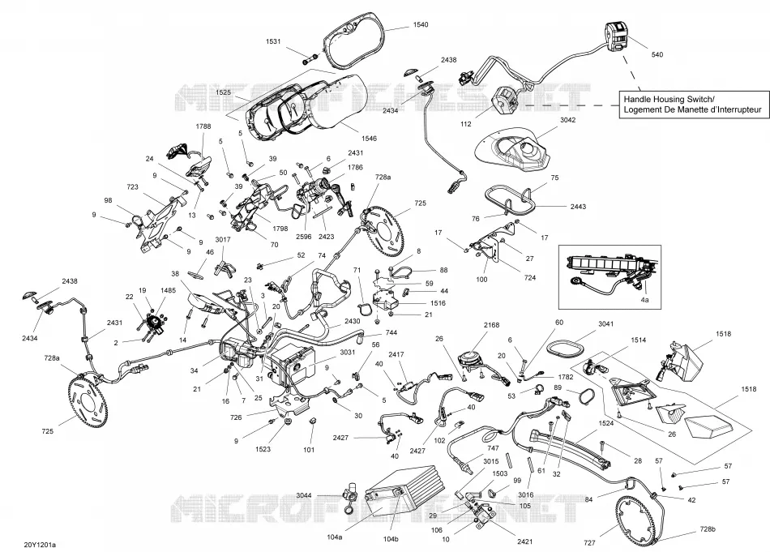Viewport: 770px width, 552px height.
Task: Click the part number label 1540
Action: (x=421, y=24)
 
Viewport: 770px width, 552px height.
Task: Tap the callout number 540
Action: (x=657, y=54)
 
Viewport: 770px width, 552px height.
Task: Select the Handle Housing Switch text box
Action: (x=693, y=105)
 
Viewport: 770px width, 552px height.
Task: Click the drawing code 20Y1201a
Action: (x=40, y=545)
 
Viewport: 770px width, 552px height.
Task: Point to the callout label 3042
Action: (x=567, y=120)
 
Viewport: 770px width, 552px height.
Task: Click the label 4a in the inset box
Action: (x=645, y=300)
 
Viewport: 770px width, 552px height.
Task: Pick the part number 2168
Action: (x=491, y=325)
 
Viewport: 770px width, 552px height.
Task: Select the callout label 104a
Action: (x=335, y=537)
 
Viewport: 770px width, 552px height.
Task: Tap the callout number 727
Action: (x=590, y=542)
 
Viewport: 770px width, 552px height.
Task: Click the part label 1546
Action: (x=369, y=139)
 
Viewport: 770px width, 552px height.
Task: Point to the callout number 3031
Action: (x=348, y=352)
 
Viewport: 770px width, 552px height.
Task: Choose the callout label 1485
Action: (x=168, y=291)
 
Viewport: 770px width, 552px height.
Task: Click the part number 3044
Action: (x=304, y=495)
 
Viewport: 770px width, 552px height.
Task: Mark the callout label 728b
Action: (x=708, y=530)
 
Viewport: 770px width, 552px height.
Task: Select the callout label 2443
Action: (x=578, y=207)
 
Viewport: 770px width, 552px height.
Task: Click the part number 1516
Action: (x=438, y=303)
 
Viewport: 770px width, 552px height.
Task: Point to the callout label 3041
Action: (x=606, y=324)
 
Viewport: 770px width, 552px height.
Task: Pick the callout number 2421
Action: (x=525, y=541)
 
